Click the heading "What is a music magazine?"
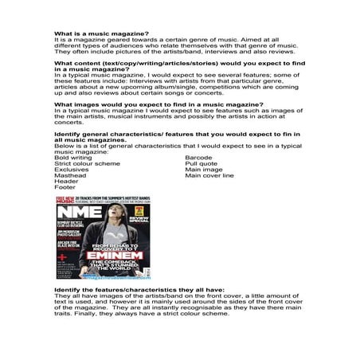(x=100, y=33)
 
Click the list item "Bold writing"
(x=73, y=157)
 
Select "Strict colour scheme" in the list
(x=87, y=163)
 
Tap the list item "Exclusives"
(x=72, y=170)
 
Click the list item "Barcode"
(x=198, y=157)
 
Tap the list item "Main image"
(x=204, y=170)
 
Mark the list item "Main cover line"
(x=209, y=175)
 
